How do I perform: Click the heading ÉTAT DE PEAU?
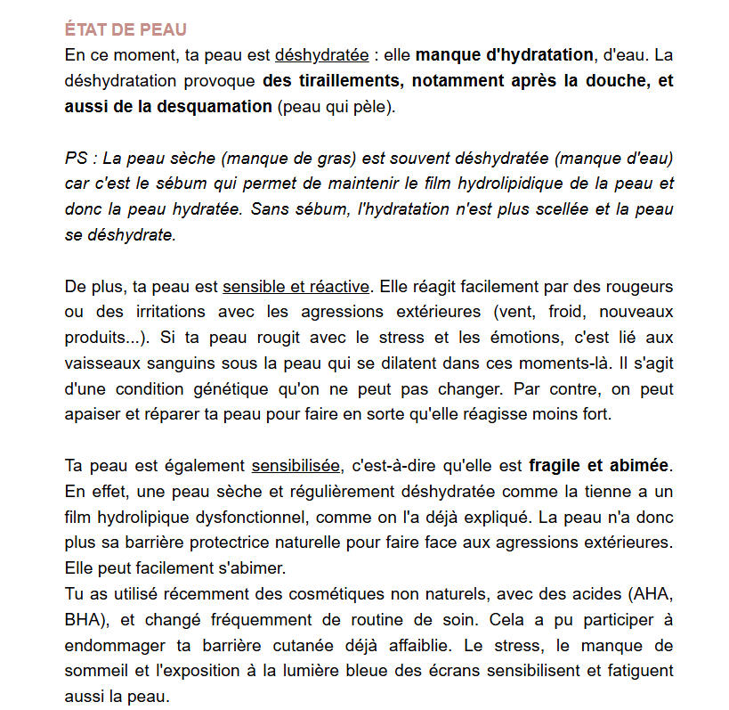pyautogui.click(x=126, y=30)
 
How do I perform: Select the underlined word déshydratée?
pyautogui.click(x=321, y=55)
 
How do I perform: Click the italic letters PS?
pyautogui.click(x=77, y=159)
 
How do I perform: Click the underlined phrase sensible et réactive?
pyautogui.click(x=296, y=287)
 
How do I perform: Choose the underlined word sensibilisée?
pyautogui.click(x=296, y=466)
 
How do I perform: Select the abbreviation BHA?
pyautogui.click(x=83, y=619)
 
